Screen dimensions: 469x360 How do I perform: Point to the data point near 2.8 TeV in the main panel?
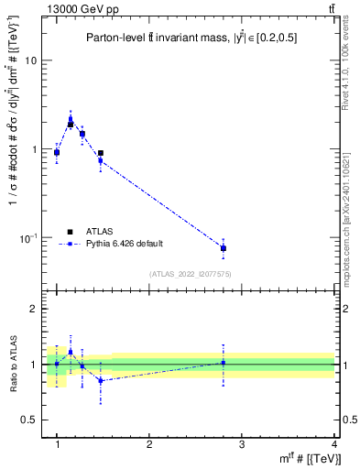223,248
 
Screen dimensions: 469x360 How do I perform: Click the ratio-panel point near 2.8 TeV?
223,363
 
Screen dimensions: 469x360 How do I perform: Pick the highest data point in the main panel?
71,119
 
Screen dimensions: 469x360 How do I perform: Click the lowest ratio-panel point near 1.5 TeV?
101,380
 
